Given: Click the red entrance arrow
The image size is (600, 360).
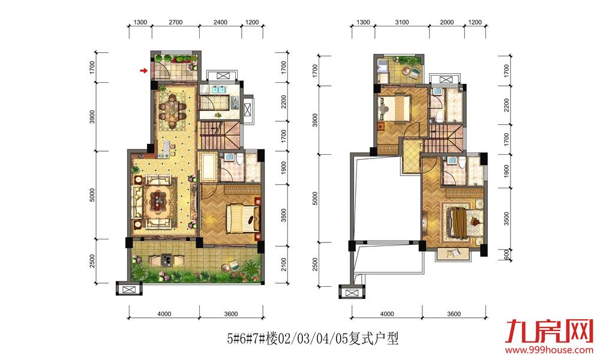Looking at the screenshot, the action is [x=143, y=70].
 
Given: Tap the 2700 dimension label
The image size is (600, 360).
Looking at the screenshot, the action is [x=176, y=22].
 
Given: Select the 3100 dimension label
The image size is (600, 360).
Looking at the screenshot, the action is [x=402, y=22].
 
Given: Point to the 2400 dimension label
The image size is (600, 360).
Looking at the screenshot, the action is [x=220, y=22].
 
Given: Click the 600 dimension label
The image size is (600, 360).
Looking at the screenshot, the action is [x=506, y=254].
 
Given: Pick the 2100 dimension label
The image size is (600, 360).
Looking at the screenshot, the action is [x=284, y=265].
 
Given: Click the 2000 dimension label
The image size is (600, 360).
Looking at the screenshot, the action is [x=446, y=22].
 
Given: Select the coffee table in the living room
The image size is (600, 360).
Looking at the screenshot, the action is [x=158, y=200].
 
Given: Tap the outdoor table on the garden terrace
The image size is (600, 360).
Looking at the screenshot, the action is [x=166, y=260].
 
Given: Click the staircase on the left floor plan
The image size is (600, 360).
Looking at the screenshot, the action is [x=220, y=136].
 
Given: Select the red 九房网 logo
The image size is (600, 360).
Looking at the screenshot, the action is [x=550, y=331].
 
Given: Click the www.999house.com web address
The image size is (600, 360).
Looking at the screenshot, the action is [x=550, y=350].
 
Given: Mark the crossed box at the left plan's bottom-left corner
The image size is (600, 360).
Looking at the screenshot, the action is [x=129, y=289].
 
